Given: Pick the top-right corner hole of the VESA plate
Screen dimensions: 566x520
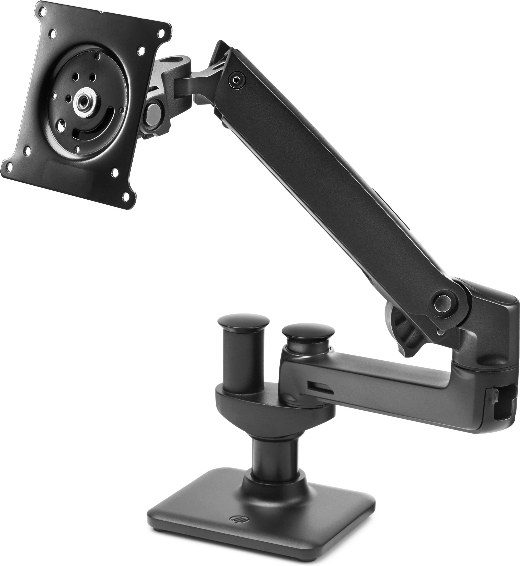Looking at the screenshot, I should click(x=161, y=31).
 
